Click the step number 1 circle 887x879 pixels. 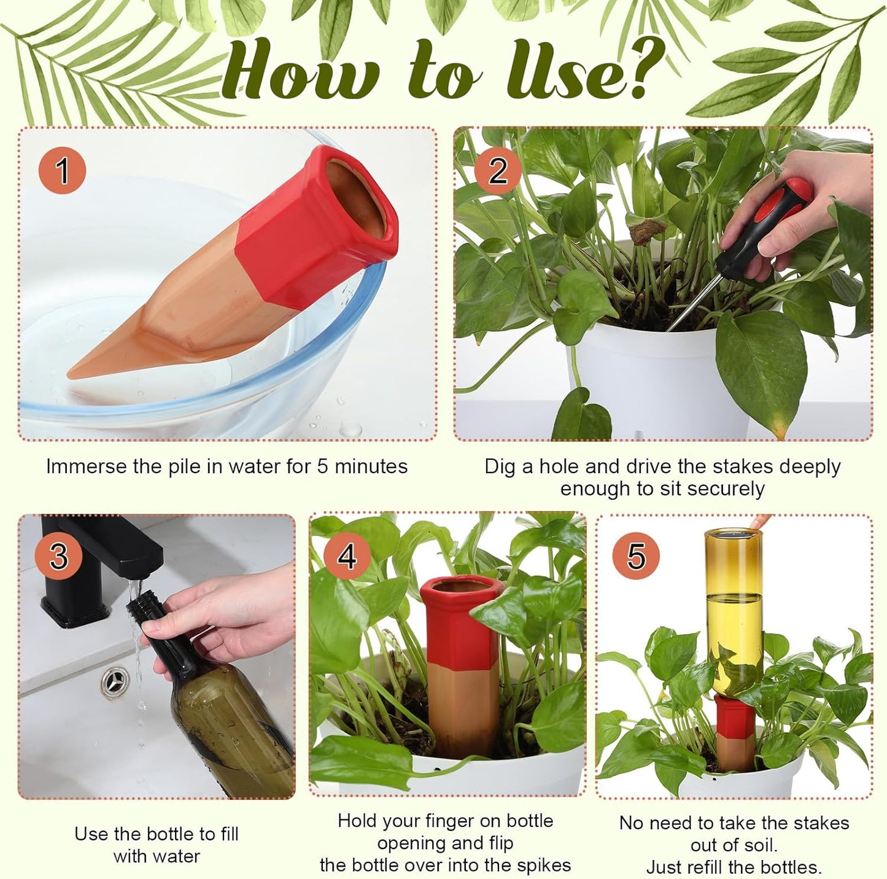coord(62,170)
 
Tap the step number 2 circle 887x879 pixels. coord(497,170)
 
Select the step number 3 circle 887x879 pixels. coord(58,556)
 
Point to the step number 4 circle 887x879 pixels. coord(347,556)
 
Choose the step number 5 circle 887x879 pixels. coord(636,556)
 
